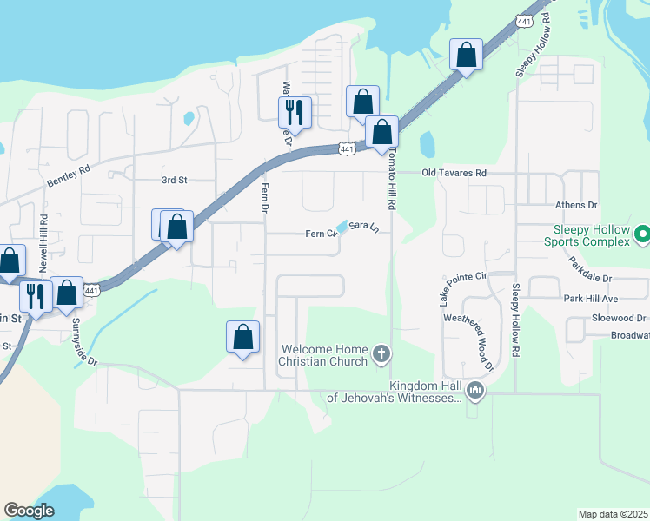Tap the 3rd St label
point(175,181)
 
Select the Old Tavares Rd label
point(454,173)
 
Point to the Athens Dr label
point(577,206)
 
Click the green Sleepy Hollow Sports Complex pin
point(642,234)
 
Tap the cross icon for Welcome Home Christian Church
point(381,353)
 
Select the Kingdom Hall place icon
point(474,392)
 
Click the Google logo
point(29,511)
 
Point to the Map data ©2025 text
point(613,514)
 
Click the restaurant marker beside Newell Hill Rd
point(35,295)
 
